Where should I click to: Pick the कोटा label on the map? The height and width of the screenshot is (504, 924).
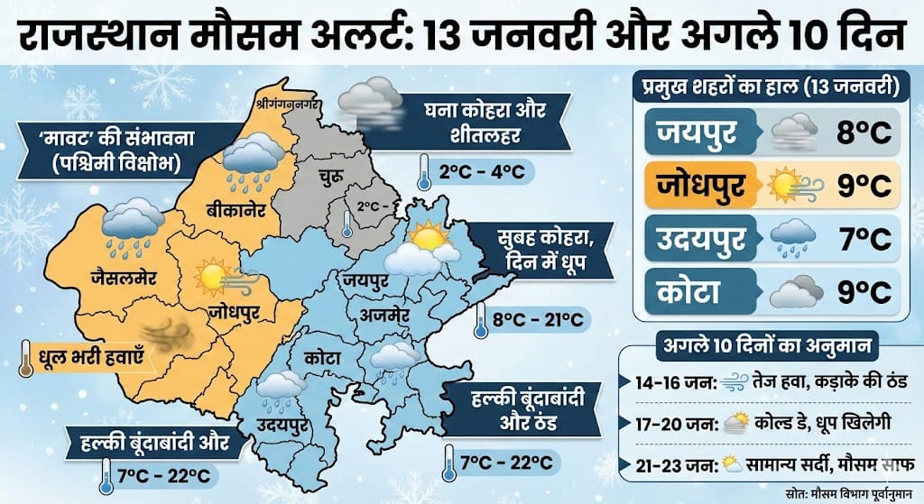pyautogui.click(x=322, y=357)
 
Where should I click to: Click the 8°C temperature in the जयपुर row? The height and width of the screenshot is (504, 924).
pyautogui.click(x=861, y=135)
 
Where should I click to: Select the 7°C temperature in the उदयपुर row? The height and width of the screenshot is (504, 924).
pyautogui.click(x=861, y=239)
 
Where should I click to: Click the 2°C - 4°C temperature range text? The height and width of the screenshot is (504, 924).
pyautogui.click(x=475, y=171)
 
